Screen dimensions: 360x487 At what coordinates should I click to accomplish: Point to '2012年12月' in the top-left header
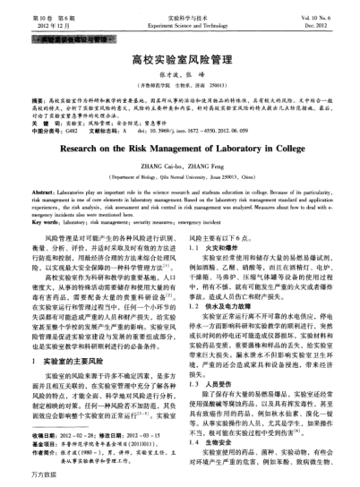pyautogui.click(x=38, y=25)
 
